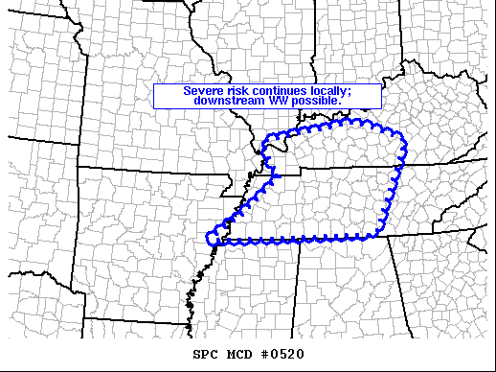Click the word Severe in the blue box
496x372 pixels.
[x=203, y=91]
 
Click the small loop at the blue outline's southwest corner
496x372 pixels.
[x=214, y=237]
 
